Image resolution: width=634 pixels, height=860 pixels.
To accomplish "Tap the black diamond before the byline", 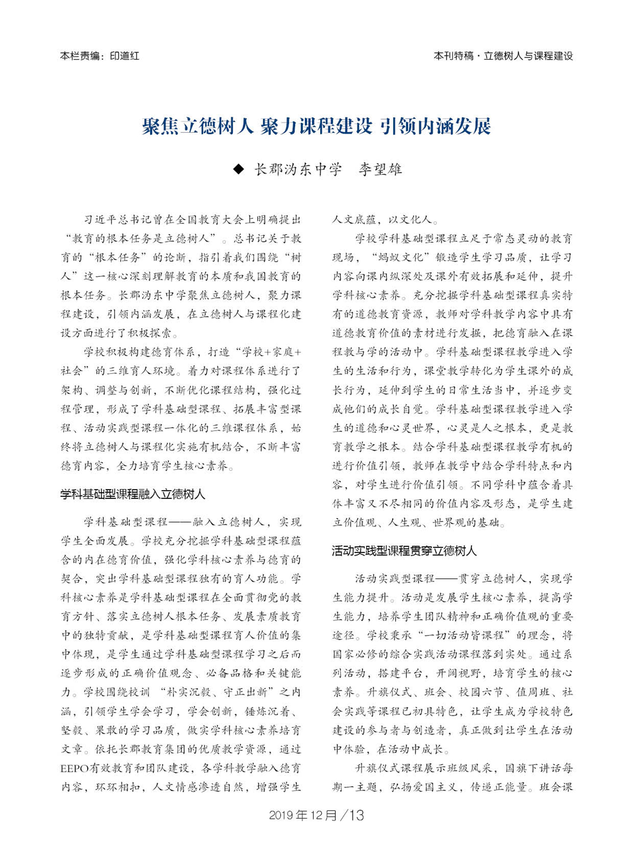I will [239, 169].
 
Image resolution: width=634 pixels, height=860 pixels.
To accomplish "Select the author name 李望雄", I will [380, 169].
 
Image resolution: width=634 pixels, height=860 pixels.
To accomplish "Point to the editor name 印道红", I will [125, 56].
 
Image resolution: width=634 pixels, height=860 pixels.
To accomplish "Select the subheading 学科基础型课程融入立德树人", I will [133, 494].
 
